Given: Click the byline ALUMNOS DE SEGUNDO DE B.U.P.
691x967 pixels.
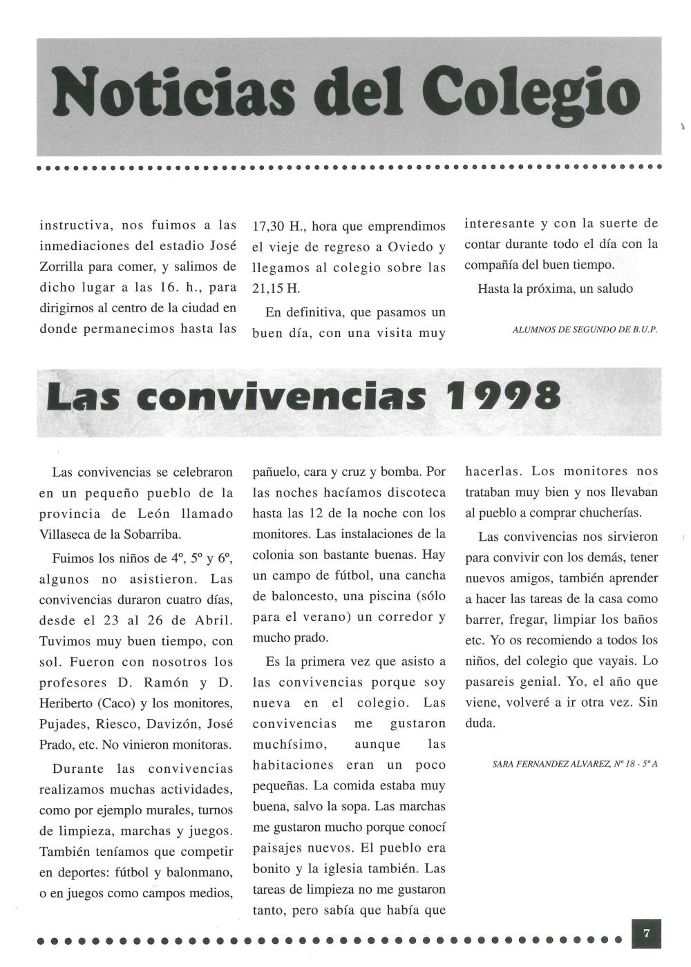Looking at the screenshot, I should pyautogui.click(x=585, y=330).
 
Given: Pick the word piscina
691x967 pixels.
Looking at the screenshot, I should pyautogui.click(x=389, y=597).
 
